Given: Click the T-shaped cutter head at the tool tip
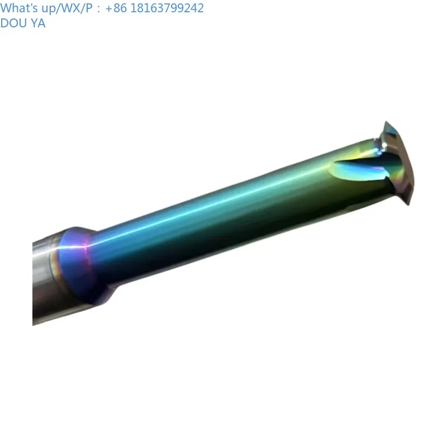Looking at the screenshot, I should click(x=400, y=162).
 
